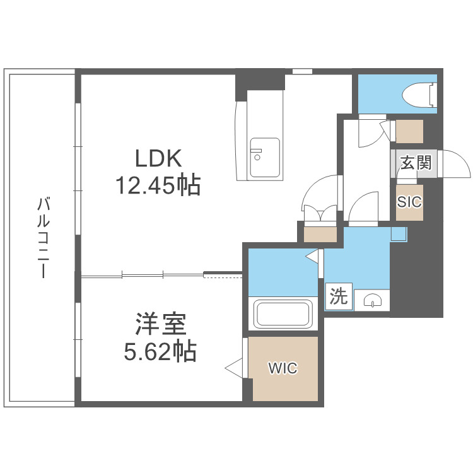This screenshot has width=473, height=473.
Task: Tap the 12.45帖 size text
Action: [x=158, y=185]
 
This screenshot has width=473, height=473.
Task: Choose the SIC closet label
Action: [x=409, y=202]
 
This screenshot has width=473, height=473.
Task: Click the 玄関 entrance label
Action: [x=415, y=163]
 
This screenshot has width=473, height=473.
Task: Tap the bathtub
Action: [x=283, y=313]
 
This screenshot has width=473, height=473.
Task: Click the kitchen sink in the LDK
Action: [x=264, y=157]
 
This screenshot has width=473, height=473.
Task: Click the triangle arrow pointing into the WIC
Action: [x=234, y=367]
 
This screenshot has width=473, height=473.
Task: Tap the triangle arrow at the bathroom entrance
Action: [x=312, y=256]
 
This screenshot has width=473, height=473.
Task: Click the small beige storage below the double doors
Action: [x=320, y=233]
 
